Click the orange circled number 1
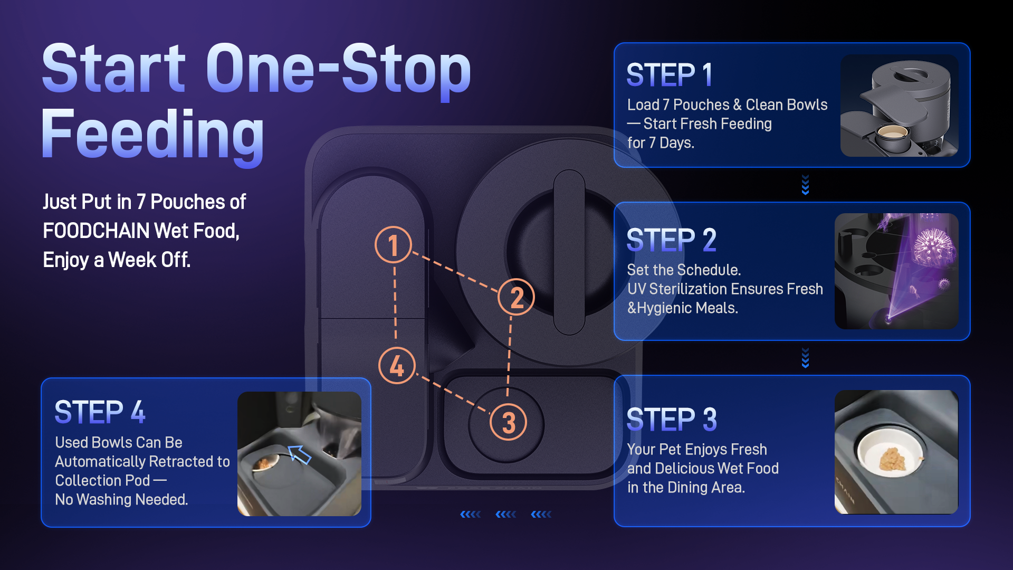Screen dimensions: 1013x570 [393, 245]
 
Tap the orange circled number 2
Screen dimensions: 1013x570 [516, 297]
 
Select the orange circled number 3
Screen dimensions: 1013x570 [508, 422]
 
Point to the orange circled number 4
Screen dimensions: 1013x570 [397, 365]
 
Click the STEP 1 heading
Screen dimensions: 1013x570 [670, 75]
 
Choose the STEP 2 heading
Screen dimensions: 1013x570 [671, 240]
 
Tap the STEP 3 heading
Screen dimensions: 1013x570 [672, 420]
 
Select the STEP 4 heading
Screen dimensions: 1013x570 [100, 412]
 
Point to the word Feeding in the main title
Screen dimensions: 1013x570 [152, 134]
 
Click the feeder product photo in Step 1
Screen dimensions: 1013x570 [900, 106]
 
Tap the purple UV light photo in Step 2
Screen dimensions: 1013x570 [896, 271]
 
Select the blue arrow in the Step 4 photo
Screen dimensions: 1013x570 [299, 454]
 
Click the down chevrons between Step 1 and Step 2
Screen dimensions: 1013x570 [805, 185]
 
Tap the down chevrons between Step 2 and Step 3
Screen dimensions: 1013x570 [805, 357]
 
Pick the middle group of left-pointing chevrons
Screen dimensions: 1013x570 [506, 514]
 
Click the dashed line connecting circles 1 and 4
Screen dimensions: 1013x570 [395, 305]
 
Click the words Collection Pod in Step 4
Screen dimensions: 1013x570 [102, 480]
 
